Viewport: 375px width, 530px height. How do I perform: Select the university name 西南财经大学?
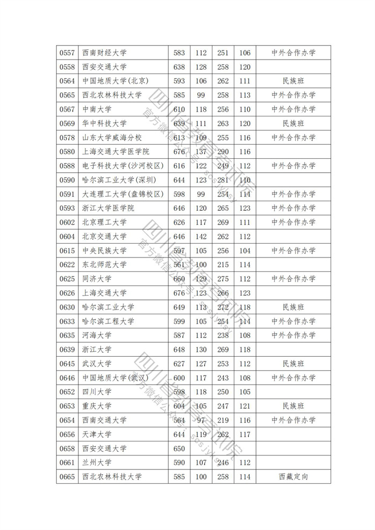coord(105,53)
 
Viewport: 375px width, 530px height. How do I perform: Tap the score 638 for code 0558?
coord(179,67)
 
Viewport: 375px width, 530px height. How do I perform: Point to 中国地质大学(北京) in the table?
coord(115,81)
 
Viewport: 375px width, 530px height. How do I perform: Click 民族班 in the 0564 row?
coord(293,81)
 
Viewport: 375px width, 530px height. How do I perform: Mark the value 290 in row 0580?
coord(223,152)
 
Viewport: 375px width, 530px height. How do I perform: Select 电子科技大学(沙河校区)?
coord(122,166)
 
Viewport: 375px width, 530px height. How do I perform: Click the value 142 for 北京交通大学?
coord(201,237)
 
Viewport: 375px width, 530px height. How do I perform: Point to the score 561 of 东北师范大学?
coord(179,264)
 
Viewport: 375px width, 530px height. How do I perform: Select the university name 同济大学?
coord(97,279)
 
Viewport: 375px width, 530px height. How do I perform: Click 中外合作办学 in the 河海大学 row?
coord(293,335)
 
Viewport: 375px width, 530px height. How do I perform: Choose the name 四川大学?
coord(97,392)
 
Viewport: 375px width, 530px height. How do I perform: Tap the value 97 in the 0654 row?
coord(201,420)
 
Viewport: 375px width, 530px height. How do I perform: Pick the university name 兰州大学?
coord(97,462)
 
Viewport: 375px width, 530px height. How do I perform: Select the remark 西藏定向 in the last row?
coord(293,476)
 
